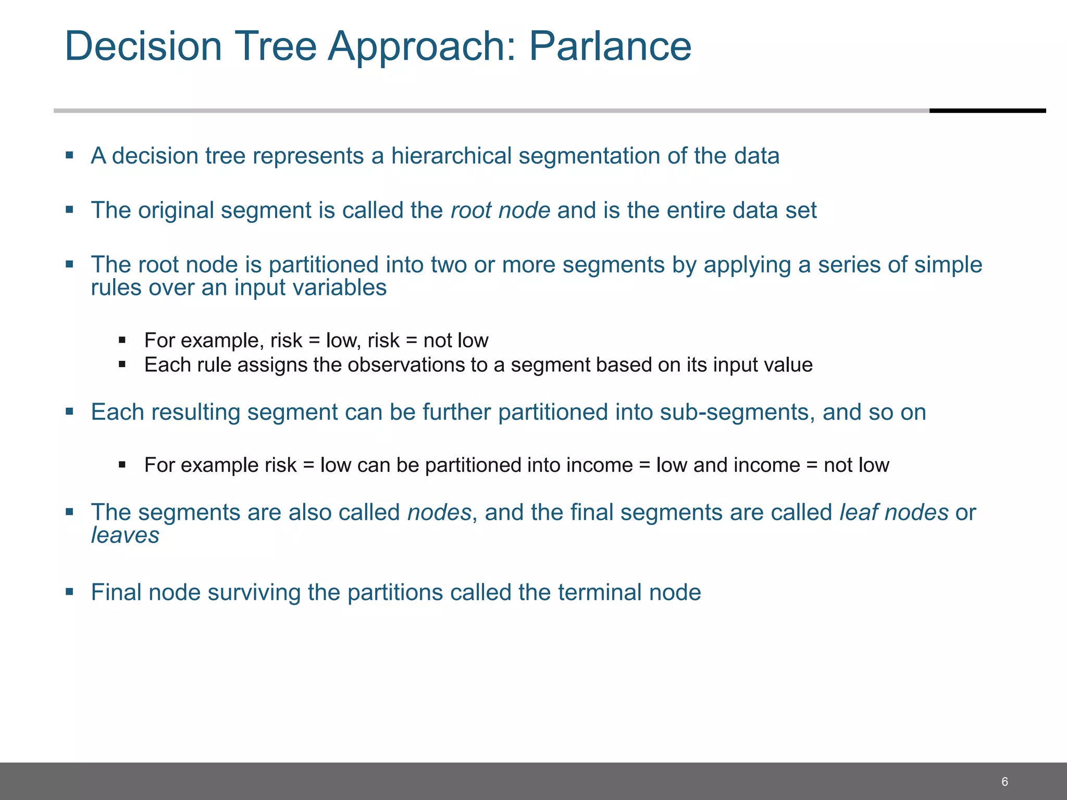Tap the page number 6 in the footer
pos(1004,781)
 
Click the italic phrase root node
pos(500,210)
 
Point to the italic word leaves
pos(125,535)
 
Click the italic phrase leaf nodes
pos(894,512)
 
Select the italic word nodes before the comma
pos(439,512)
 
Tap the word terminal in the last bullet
pos(600,593)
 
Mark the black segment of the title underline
pos(987,110)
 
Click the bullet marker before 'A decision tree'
pos(69,155)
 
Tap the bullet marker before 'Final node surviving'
pos(69,591)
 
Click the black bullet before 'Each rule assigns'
pos(122,364)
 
